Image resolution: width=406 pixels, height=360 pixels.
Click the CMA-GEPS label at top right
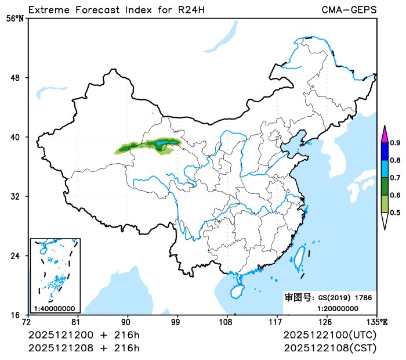coord(349,10)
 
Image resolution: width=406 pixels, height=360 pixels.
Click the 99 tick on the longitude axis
coord(176,322)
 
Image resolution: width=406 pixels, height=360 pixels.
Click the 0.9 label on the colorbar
coord(395,143)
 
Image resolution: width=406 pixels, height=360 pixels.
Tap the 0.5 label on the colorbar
coord(395,213)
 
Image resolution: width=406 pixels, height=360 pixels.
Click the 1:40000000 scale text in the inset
coord(54,308)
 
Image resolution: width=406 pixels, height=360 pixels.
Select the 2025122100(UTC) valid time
coord(330,336)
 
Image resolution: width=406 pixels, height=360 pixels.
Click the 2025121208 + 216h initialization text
coord(84,348)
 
